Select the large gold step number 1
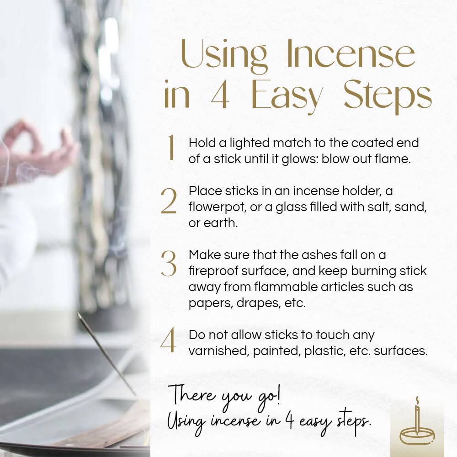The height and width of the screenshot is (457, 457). click(x=170, y=149)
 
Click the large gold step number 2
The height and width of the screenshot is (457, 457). click(x=169, y=202)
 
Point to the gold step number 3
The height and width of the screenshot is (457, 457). click(x=169, y=264)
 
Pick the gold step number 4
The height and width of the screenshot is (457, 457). click(x=168, y=342)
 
